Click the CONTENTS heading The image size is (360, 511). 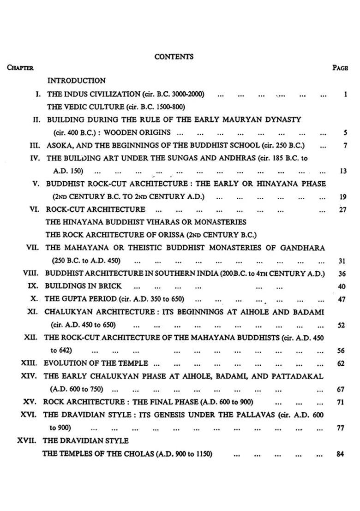pyautogui.click(x=174, y=57)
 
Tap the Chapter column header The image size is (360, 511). pyautogui.click(x=20, y=68)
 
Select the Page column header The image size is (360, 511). pyautogui.click(x=340, y=68)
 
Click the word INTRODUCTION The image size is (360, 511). pyautogui.click(x=76, y=81)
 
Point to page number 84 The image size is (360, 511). pyautogui.click(x=341, y=454)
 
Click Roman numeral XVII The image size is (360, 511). pyautogui.click(x=27, y=440)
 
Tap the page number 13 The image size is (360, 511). pyautogui.click(x=343, y=171)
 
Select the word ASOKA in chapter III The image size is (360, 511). pyautogui.click(x=59, y=145)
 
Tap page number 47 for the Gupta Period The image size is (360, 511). pyautogui.click(x=342, y=299)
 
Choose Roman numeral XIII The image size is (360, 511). pyautogui.click(x=30, y=363)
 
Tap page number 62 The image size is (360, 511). pyautogui.click(x=341, y=363)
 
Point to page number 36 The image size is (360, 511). pyautogui.click(x=342, y=273)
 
